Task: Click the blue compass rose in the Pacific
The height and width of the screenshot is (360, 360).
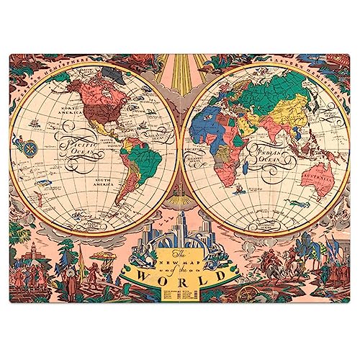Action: click(31, 150)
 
